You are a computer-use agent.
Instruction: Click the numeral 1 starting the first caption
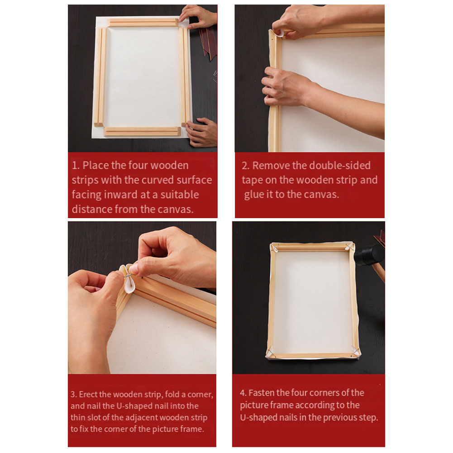pos(74,166)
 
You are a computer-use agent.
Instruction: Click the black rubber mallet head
pos(368,256)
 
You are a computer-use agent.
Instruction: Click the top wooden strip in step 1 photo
pos(143,22)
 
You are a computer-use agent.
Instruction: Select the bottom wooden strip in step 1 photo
pos(142,131)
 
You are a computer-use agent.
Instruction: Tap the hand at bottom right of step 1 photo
pos(202,132)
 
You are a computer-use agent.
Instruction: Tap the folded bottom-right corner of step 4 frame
pos(354,351)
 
